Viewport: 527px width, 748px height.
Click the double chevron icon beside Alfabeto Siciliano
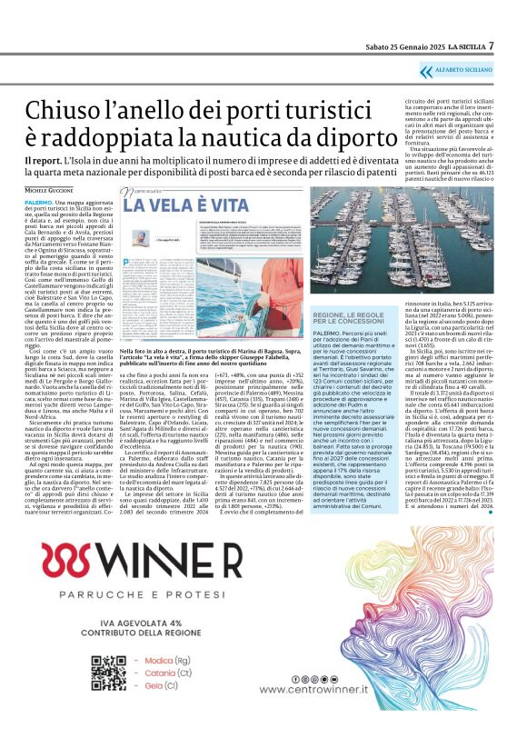[426, 70]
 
